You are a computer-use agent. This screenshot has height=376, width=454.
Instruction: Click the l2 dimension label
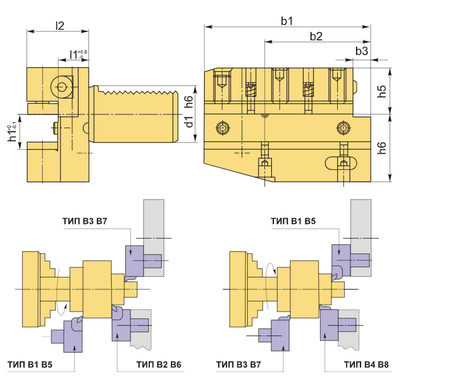59,24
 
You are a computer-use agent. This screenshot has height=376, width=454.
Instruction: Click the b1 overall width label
287,21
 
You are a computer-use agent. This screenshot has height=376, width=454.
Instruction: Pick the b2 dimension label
316,36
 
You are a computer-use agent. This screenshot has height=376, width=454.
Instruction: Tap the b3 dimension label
361,51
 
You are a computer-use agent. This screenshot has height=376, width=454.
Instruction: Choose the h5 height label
382,91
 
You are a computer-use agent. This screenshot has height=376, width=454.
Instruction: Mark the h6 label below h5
382,148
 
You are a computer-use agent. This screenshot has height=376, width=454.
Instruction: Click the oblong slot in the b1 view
342,164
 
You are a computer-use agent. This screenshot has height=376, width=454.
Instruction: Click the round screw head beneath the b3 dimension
342,127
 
